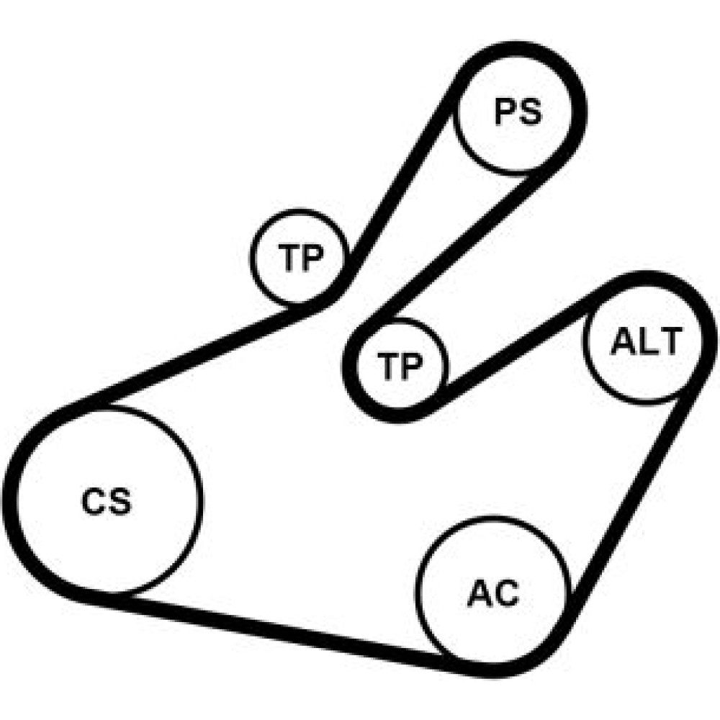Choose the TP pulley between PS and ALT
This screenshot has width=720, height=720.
tap(400, 366)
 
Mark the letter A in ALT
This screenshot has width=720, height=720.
tap(623, 343)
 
